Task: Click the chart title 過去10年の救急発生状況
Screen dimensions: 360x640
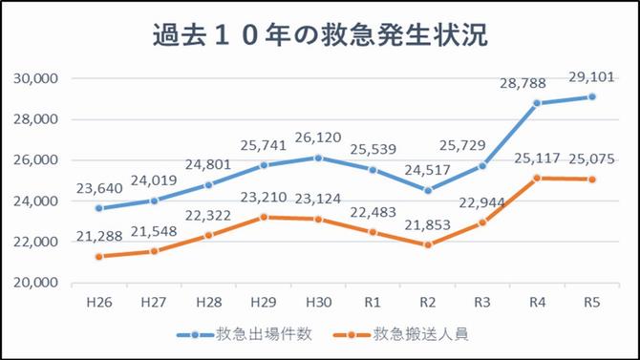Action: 320,36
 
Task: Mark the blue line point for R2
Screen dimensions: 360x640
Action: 428,190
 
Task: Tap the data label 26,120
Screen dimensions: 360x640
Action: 317,138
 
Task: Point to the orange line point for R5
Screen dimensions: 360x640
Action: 592,180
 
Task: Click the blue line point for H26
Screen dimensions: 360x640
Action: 98,208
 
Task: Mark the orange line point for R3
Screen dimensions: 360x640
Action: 483,222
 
